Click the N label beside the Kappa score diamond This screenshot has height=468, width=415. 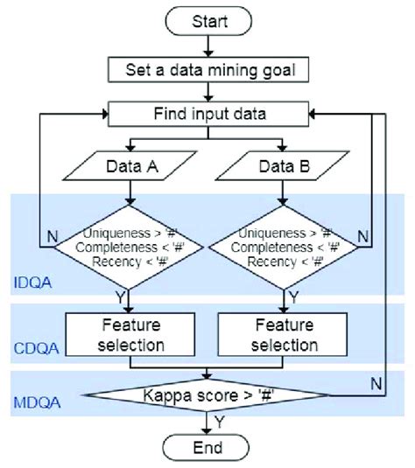pyautogui.click(x=374, y=381)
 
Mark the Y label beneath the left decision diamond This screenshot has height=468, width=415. pyautogui.click(x=145, y=295)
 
